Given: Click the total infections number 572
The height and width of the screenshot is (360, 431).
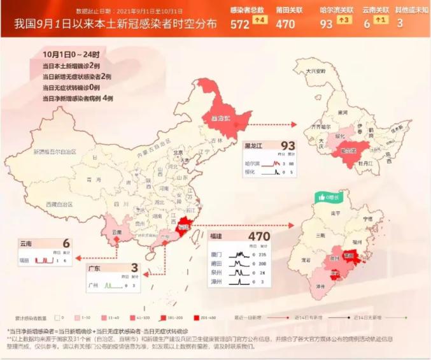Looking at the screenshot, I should tap(240, 24).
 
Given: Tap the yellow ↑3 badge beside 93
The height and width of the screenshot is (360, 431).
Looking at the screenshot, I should tap(343, 20).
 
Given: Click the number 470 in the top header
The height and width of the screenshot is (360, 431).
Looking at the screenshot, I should tap(286, 24).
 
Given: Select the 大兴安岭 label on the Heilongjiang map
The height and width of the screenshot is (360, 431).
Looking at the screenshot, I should tap(316, 71).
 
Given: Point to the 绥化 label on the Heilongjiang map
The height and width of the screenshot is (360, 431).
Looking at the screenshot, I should tap(340, 136).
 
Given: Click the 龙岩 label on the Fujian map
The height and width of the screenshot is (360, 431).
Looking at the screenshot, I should tap(306, 261).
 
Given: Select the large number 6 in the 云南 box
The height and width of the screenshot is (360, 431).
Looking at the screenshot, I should tap(66, 243).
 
